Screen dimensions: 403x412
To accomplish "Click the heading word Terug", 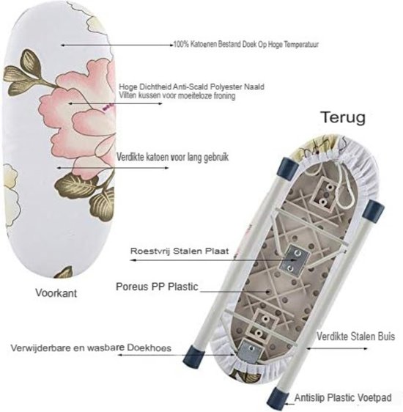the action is coord(344,117).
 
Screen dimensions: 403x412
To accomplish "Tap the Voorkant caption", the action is coord(56,293).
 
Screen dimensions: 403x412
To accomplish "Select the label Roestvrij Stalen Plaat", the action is coord(180,251).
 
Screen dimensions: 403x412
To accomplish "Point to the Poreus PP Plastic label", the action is coord(157,287).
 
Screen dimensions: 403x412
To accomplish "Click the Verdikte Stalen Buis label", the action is coord(356,336).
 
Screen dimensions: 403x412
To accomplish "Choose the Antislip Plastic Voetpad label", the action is coord(343,397).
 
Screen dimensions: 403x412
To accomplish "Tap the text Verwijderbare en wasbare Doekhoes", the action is coord(91,348).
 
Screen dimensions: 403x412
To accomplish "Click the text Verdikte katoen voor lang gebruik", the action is coord(172,157).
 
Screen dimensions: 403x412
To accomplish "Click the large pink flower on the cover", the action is coord(81,116).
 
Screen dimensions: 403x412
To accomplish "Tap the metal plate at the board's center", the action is coord(295,260).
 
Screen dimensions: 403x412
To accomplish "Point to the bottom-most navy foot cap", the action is coord(277,398).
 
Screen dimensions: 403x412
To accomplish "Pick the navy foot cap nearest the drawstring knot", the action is coord(288,167).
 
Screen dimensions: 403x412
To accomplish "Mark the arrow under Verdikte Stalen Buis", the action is coord(337,348).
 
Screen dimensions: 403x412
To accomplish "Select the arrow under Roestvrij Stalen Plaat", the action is coord(212,260).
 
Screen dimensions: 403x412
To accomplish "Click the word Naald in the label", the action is coord(254,87).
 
